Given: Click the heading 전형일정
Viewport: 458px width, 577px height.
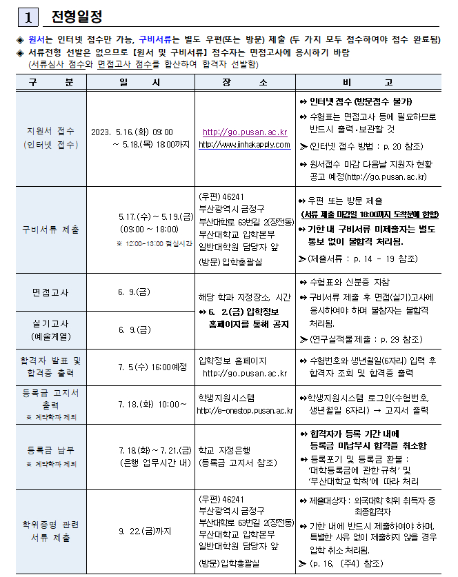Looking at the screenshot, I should click(77, 16).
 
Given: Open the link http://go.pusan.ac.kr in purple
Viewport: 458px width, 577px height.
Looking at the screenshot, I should click(245, 132).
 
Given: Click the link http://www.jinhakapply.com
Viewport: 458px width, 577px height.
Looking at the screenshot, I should click(245, 144).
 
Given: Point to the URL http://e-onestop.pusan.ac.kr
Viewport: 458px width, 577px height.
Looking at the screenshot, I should click(245, 411).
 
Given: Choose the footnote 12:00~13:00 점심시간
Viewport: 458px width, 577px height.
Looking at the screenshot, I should click(154, 244).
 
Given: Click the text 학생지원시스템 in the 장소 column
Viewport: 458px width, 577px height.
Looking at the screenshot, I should click(226, 398).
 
